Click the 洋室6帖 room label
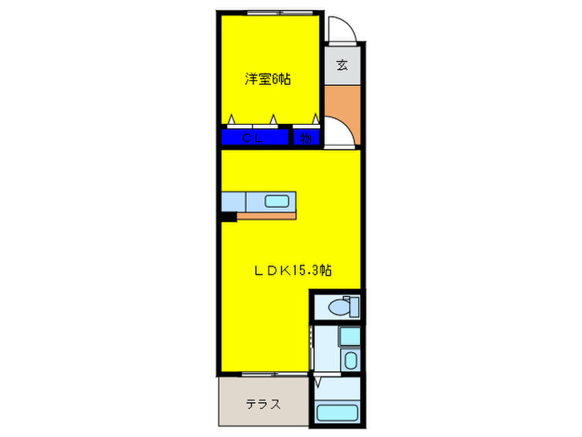pos(267,80)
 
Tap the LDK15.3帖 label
pos(293,270)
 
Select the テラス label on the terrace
pos(262,405)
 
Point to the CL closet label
pos(253,139)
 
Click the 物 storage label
pos(306,139)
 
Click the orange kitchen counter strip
pos(266,216)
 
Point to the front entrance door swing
pos(341,33)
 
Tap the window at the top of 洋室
pos(269,12)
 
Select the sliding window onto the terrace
pos(268,372)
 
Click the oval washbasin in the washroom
pos(350,360)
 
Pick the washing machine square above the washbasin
pos(350,337)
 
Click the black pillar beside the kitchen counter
pos(229,217)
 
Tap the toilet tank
pos(355,305)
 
